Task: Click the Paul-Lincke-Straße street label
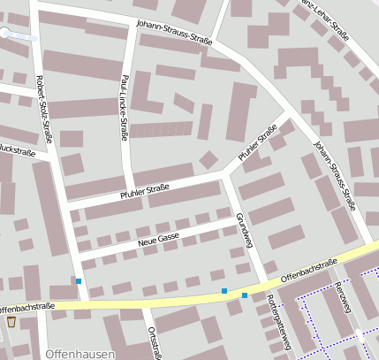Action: coord(125,108)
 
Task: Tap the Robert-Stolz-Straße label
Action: coord(43,110)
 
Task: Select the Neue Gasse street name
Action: coord(158,237)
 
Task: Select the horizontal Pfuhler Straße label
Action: coord(144,189)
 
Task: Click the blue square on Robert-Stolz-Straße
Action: coord(79,281)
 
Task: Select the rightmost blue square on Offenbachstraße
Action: coord(244,296)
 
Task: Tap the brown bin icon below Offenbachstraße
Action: coord(11,322)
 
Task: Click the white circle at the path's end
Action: coord(6,33)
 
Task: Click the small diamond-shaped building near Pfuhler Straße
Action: coord(208,160)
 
